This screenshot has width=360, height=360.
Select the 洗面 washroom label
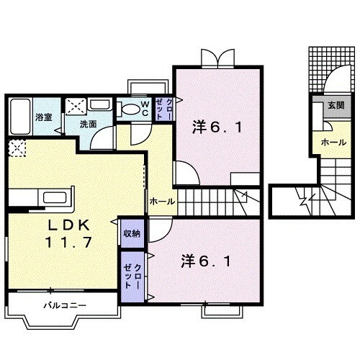click(88, 124)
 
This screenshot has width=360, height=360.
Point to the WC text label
click(145, 109)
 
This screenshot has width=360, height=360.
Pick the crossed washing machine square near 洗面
click(76, 107)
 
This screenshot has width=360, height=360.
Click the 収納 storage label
click(131, 233)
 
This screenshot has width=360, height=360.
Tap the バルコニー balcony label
click(64, 306)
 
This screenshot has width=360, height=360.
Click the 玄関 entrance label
click(336, 105)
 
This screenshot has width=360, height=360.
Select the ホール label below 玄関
click(330, 141)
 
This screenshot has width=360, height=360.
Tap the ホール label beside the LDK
click(162, 202)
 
